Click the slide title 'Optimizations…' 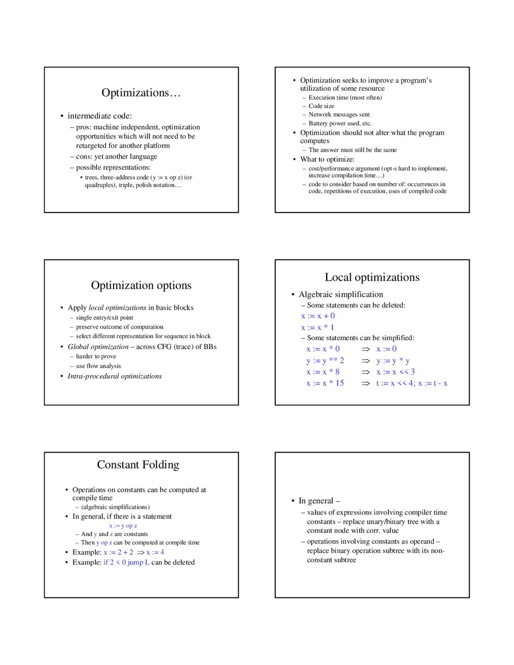point(141,93)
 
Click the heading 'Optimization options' point(141,285)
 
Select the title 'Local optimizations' point(372,277)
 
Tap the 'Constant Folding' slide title point(138,465)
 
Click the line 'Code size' point(321,106)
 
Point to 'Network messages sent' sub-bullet point(339,114)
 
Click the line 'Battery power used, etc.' point(340,123)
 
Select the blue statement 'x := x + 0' point(318,316)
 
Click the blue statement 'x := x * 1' point(317,327)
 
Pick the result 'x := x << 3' point(395,372)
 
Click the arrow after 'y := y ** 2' point(365,361)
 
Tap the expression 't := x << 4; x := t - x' point(411,383)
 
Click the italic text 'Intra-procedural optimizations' point(114,376)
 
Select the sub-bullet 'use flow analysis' point(98,366)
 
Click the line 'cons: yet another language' point(116,157)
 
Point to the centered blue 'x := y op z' point(123,526)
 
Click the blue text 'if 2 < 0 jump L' point(126,562)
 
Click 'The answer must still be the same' point(352,150)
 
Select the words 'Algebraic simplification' point(341,294)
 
